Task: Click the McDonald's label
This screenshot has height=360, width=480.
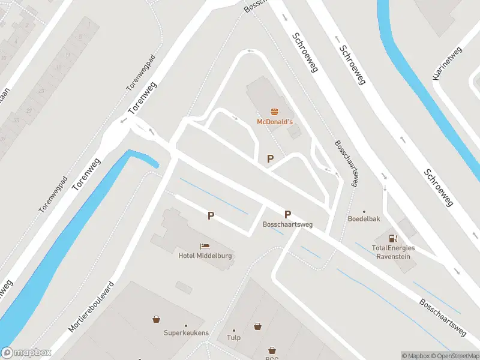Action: [x=274, y=121]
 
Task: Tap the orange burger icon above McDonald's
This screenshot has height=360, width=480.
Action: [x=274, y=111]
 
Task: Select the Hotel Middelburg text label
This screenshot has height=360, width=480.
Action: [x=205, y=256]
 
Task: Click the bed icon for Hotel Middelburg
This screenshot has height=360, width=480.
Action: [x=205, y=246]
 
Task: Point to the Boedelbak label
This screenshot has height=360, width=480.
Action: [x=364, y=219]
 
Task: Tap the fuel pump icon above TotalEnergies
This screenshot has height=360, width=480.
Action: [x=394, y=239]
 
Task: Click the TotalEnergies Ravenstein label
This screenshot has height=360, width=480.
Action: [x=394, y=251]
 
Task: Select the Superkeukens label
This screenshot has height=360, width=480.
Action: [x=186, y=332]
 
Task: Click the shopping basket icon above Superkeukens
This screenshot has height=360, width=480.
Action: [x=157, y=320]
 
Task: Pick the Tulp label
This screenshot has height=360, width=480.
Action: [x=233, y=337]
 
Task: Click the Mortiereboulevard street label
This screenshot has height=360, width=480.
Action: [x=91, y=307]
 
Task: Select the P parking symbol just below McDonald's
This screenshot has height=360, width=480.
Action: [x=271, y=158]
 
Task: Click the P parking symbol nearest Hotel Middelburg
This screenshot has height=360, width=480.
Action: [x=211, y=215]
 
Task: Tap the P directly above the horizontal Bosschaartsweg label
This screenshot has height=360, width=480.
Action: [x=287, y=214]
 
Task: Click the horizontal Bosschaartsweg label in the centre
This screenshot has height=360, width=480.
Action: [x=287, y=224]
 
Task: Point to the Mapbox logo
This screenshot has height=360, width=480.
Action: [x=26, y=353]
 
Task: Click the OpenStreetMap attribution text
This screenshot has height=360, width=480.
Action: [x=454, y=356]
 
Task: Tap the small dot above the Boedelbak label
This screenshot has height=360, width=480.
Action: [x=364, y=211]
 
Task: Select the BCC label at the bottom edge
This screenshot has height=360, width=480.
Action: [x=272, y=357]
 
